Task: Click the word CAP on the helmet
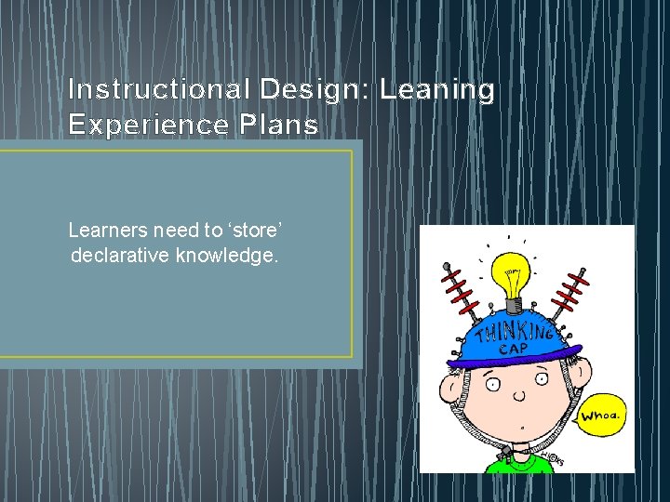pyautogui.click(x=513, y=349)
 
